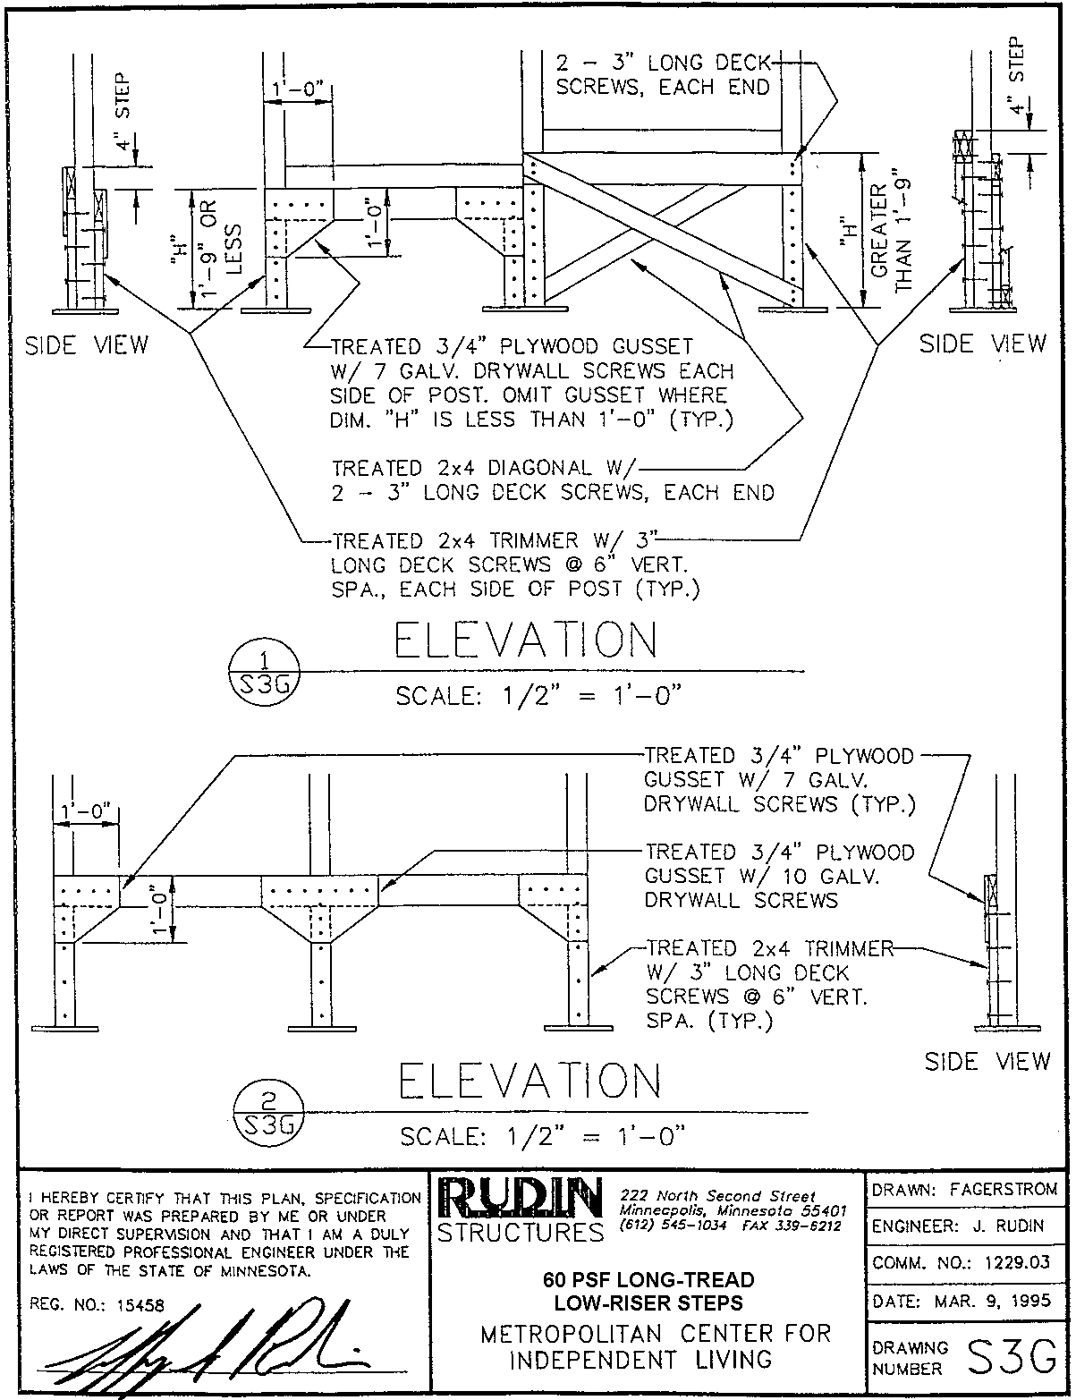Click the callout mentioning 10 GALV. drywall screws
(x=779, y=876)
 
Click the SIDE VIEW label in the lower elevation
(x=987, y=1062)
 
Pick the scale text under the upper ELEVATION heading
(x=542, y=698)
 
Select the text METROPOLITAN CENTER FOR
(x=656, y=1334)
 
